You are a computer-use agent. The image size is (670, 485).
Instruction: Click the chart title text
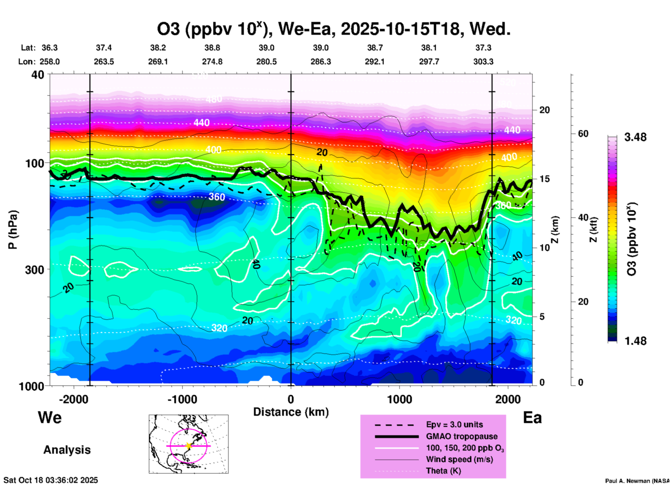(x=333, y=29)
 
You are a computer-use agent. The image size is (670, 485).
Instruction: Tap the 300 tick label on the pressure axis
(x=35, y=270)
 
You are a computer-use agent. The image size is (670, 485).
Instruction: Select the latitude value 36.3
(x=49, y=48)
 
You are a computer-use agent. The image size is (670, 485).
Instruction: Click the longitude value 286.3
(x=320, y=62)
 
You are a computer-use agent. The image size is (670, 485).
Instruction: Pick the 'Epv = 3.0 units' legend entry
(x=454, y=425)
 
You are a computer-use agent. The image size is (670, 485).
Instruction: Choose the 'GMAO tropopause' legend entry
(x=462, y=436)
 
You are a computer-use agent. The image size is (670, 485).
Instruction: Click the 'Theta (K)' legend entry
(x=443, y=471)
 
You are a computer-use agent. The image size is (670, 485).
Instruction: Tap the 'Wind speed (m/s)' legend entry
(x=459, y=459)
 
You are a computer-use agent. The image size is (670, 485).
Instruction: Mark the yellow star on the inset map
(x=189, y=446)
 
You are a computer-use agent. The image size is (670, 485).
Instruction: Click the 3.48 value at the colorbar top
(x=635, y=137)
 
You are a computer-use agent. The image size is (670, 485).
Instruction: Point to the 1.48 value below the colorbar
(x=635, y=341)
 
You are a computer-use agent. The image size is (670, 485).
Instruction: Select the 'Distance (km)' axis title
(x=291, y=412)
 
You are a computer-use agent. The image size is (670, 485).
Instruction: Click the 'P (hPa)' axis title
(x=13, y=230)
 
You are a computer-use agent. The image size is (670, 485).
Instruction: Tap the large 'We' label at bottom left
(x=50, y=417)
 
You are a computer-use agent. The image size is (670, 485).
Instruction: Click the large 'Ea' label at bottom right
(x=532, y=418)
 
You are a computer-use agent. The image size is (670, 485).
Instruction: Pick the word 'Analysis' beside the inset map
(x=67, y=450)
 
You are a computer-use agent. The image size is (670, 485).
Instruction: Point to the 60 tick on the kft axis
(x=583, y=134)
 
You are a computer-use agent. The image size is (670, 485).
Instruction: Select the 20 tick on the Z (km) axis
(x=544, y=110)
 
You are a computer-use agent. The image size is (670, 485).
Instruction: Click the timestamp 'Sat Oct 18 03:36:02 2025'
(x=51, y=480)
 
